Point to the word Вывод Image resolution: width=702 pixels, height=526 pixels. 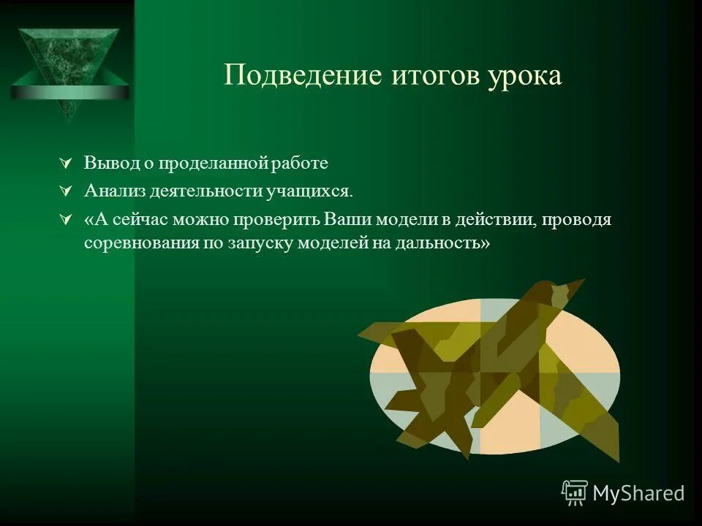tap(107, 162)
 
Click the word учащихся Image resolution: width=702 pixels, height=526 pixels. tap(313, 191)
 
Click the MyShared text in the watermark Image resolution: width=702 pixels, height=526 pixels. tap(638, 493)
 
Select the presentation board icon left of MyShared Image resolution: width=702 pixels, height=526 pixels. tap(575, 493)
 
